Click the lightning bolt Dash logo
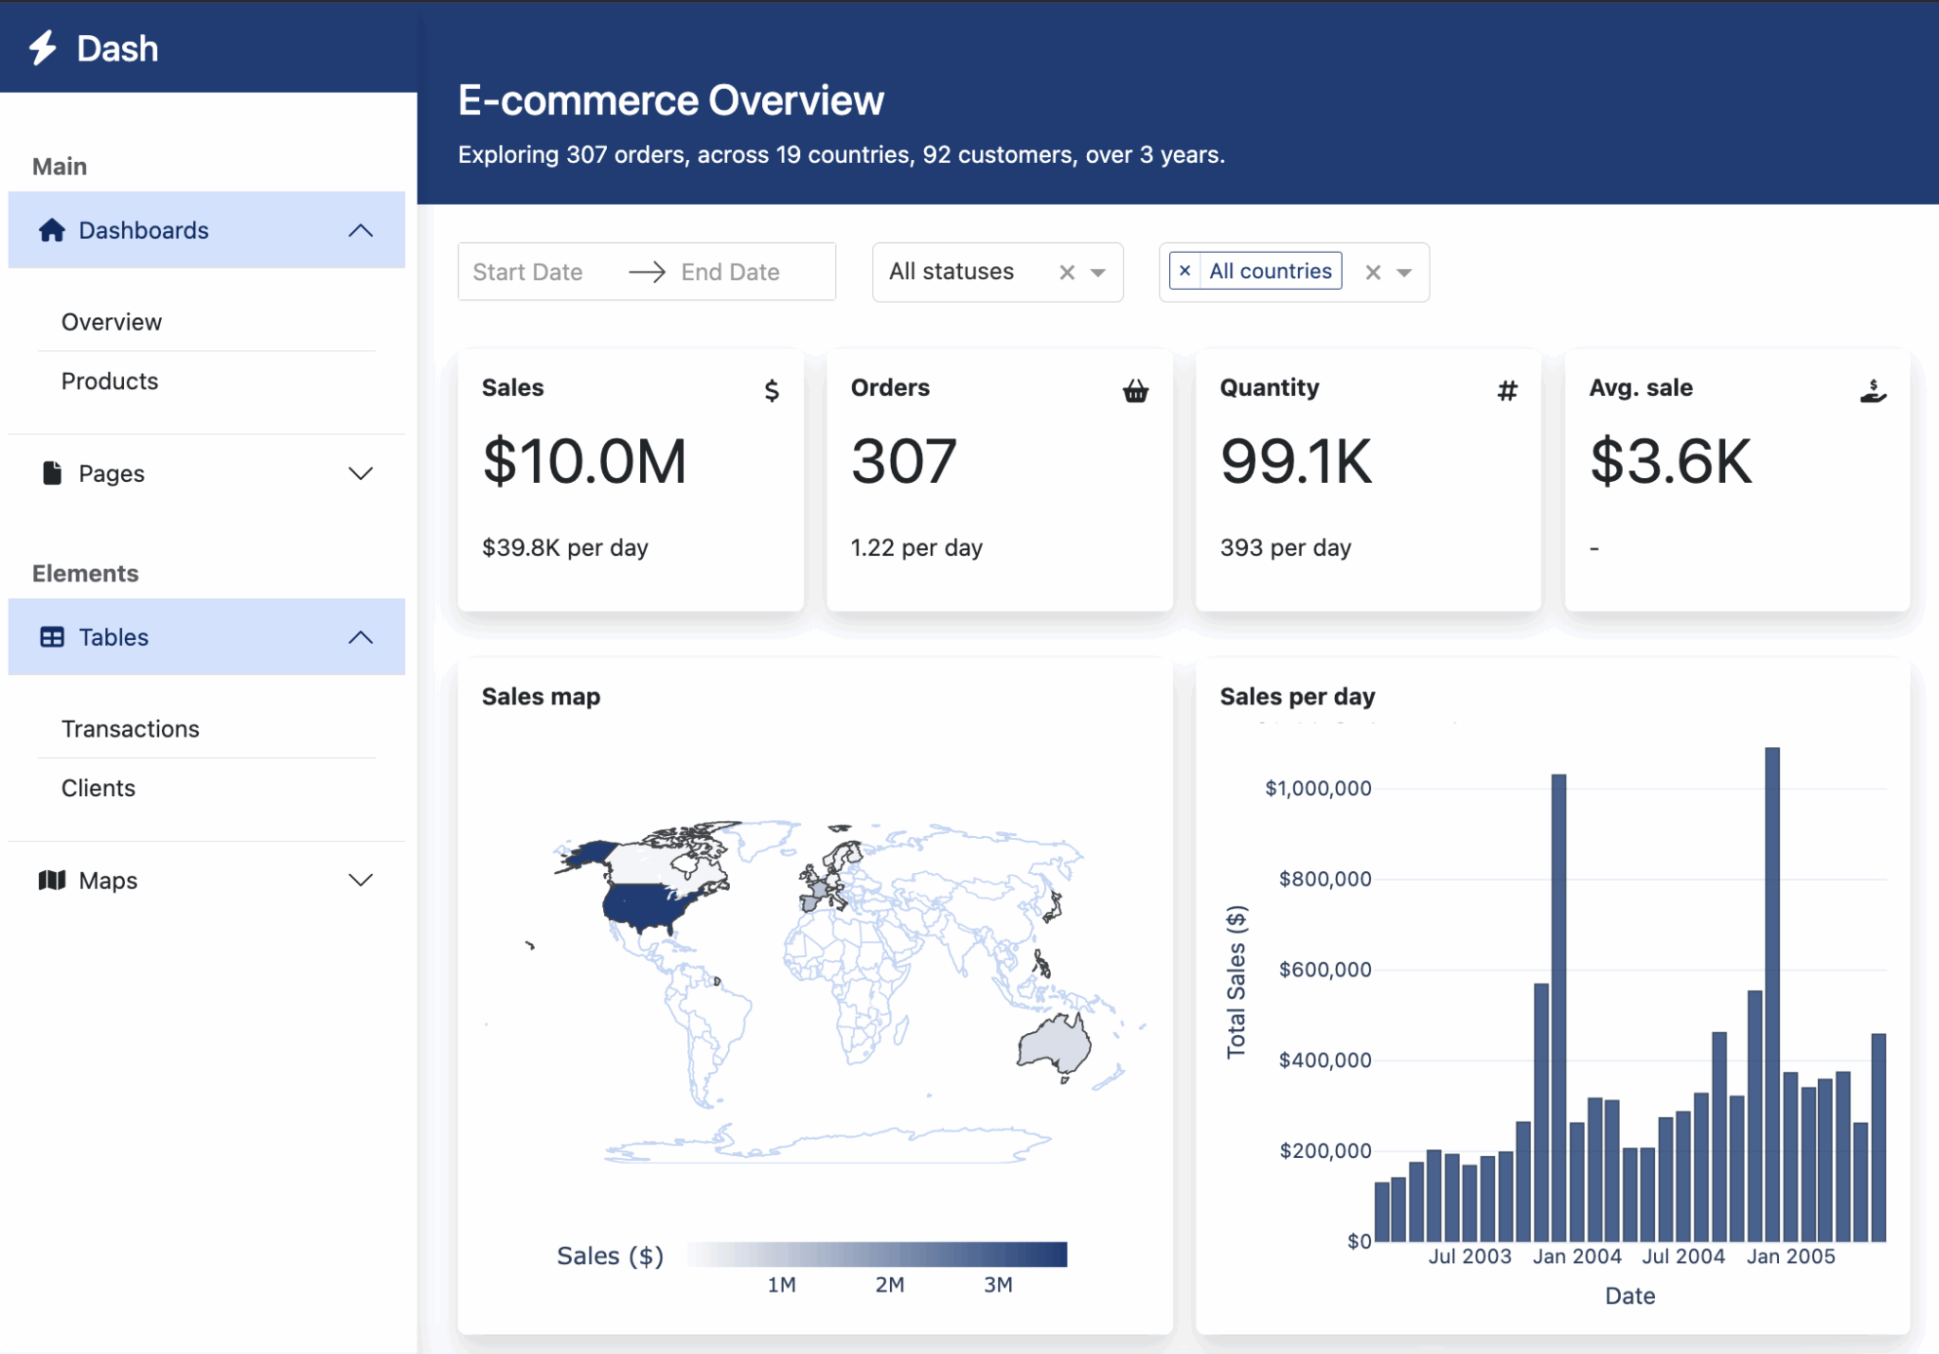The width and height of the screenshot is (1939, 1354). point(43,48)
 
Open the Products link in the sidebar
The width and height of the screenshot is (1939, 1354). point(110,381)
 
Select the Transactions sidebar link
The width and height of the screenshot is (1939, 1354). point(131,728)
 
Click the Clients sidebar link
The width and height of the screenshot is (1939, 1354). point(98,788)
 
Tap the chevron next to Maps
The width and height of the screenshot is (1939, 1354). point(361,881)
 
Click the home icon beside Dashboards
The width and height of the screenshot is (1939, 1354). point(52,230)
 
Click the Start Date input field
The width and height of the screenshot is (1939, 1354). point(527,272)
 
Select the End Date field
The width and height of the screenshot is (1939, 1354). point(730,272)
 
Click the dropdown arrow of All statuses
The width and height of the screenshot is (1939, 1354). point(1098,273)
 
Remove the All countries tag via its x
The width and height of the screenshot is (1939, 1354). point(1184,271)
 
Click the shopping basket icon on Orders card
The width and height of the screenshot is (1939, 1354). point(1135,390)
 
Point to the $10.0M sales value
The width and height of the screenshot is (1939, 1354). point(584,461)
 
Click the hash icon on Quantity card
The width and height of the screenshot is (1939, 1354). point(1507,390)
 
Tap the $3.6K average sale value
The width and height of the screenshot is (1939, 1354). point(1671,461)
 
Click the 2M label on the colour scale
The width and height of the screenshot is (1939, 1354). point(889,1285)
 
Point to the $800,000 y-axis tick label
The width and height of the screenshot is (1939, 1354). point(1325,879)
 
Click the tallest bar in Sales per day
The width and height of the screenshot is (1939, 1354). point(1771,994)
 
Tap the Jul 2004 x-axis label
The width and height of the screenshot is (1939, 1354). point(1682,1256)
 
